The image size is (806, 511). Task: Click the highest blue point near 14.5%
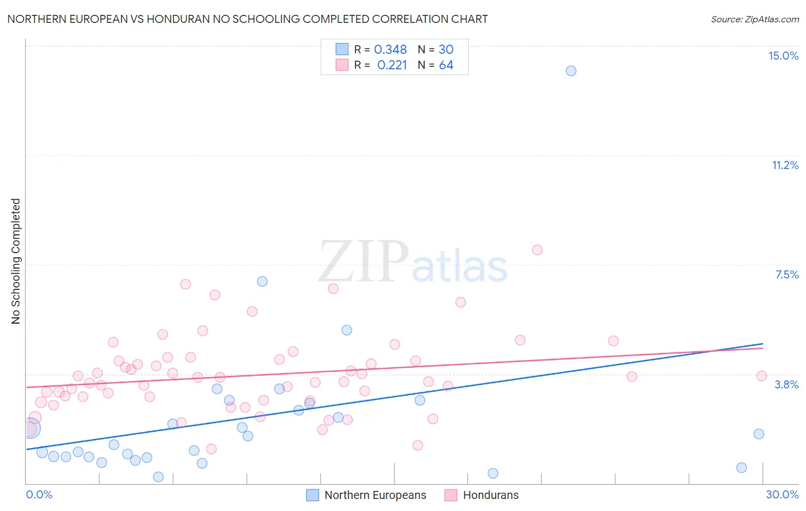tap(570, 71)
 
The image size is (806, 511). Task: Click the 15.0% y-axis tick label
tap(783, 56)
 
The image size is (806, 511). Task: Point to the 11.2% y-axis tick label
tap(785, 165)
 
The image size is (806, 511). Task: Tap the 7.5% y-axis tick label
tap(787, 274)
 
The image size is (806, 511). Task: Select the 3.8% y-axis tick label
tap(787, 384)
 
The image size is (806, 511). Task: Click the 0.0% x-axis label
tap(39, 494)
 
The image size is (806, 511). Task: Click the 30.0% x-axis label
tap(782, 494)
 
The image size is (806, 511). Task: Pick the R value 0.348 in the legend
tap(390, 50)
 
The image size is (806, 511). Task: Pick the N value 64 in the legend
tap(446, 65)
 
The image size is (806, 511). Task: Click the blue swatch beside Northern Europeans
tap(312, 495)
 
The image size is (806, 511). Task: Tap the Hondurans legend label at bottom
tap(491, 495)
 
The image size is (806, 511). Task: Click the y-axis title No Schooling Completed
tap(16, 261)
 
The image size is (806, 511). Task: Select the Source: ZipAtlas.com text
tap(754, 19)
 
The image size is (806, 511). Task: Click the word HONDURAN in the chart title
tap(175, 19)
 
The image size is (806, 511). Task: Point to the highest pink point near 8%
tap(537, 250)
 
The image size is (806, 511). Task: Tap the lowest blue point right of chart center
tap(493, 473)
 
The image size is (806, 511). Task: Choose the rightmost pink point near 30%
tap(761, 376)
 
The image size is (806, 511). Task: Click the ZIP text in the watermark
tap(363, 262)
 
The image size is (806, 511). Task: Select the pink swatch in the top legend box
tap(342, 65)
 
